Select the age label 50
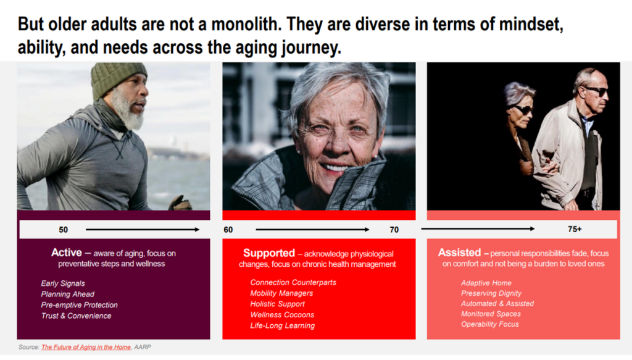click(64, 230)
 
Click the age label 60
click(228, 230)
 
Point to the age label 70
click(394, 230)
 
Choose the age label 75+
click(575, 229)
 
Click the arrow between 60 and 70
click(312, 229)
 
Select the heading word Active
click(67, 253)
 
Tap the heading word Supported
click(269, 253)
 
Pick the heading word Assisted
click(459, 253)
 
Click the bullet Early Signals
click(63, 283)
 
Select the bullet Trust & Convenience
click(76, 316)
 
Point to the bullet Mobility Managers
click(281, 293)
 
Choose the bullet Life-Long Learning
click(282, 325)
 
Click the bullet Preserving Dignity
click(491, 293)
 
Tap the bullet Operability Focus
click(489, 324)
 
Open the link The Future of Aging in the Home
click(86, 347)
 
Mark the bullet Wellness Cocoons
click(282, 315)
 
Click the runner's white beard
click(128, 111)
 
